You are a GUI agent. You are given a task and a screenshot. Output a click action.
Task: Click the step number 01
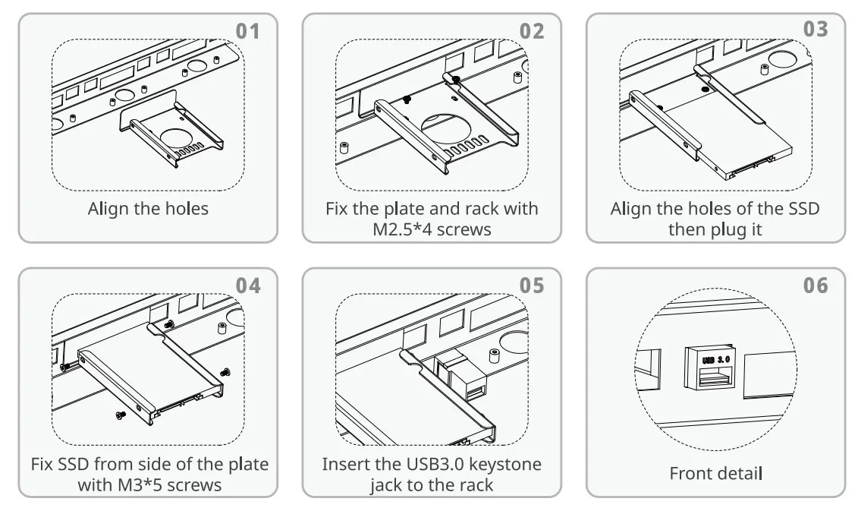247,31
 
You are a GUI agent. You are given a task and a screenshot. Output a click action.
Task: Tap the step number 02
532,31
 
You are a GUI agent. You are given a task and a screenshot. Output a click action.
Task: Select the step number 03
816,30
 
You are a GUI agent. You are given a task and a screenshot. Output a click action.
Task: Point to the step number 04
247,286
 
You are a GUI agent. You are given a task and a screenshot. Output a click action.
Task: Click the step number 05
532,286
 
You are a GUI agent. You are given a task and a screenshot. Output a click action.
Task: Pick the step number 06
816,286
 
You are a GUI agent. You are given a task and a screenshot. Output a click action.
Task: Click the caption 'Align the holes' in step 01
148,209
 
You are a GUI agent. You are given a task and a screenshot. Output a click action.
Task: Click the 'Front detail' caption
715,474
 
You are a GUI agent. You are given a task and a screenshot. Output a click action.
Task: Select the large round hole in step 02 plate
456,125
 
